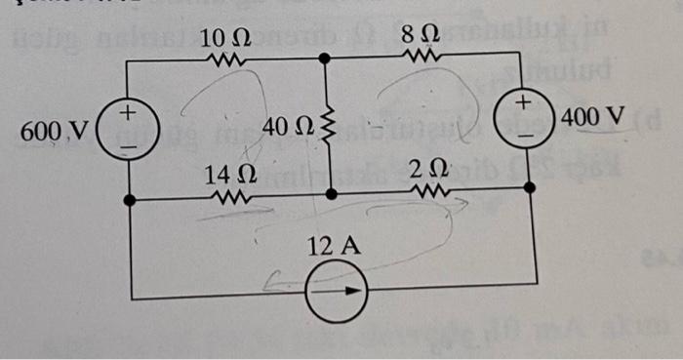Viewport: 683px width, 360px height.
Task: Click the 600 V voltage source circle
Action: (x=130, y=128)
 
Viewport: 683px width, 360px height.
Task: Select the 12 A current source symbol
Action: (x=335, y=293)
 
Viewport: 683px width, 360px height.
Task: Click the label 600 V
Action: (x=55, y=130)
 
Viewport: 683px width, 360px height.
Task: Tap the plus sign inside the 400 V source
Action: (x=525, y=101)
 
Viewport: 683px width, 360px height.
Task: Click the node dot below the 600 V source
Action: (x=130, y=200)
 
